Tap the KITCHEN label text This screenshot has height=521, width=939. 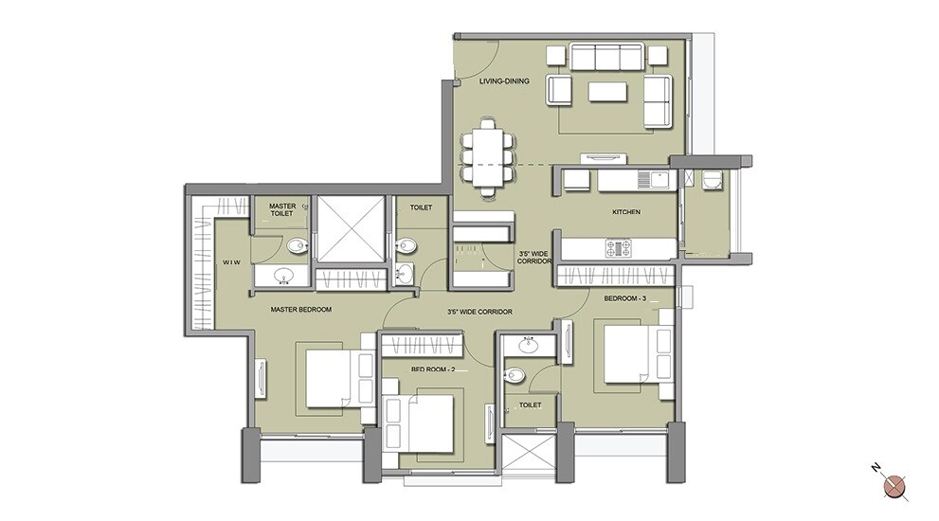[625, 212]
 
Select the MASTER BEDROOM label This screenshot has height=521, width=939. [300, 309]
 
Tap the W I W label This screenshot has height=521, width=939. [231, 261]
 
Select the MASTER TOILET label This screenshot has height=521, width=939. [282, 210]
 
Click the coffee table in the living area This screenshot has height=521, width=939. [606, 91]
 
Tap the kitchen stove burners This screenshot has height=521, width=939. [618, 248]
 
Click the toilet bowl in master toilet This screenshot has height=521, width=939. [298, 246]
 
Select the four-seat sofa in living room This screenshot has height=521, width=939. [606, 58]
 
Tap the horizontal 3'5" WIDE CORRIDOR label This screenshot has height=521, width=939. [479, 312]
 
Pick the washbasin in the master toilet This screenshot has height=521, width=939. [281, 276]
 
